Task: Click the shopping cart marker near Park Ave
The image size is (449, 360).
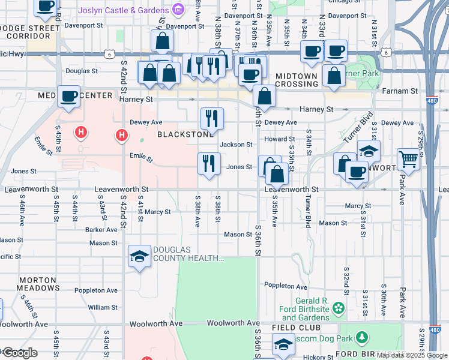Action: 408,159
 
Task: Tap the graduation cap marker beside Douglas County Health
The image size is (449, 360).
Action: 139,257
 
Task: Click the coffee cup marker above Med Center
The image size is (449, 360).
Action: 69,95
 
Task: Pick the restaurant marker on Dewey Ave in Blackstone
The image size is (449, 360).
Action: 211,118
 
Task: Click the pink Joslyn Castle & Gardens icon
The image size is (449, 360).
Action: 178,10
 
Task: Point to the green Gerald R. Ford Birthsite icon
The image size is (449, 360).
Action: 339,308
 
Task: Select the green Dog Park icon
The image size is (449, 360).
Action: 362,338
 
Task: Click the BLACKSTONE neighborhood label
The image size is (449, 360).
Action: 185,135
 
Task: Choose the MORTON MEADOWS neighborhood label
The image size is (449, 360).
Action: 37,284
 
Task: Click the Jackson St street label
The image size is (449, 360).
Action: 236,145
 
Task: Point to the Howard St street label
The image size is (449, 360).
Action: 279,139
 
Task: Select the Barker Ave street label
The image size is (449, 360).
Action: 101,229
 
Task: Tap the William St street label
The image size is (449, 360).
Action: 99,307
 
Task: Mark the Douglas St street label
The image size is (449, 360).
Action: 82,71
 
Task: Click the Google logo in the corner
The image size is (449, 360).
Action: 19,353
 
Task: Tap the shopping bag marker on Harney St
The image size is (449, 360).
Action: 264,96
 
